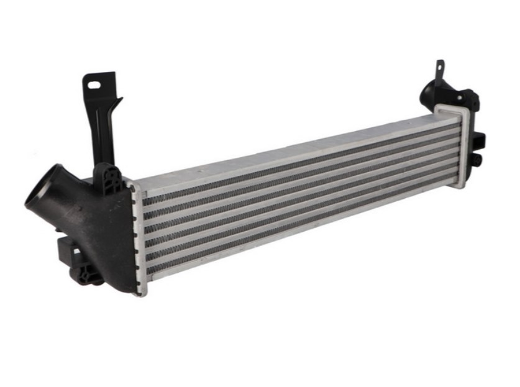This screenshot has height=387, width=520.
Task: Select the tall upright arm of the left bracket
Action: coord(100,124)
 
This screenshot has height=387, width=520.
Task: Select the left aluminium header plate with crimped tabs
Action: coord(137,236)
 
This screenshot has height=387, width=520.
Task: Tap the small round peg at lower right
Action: coord(478,160)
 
